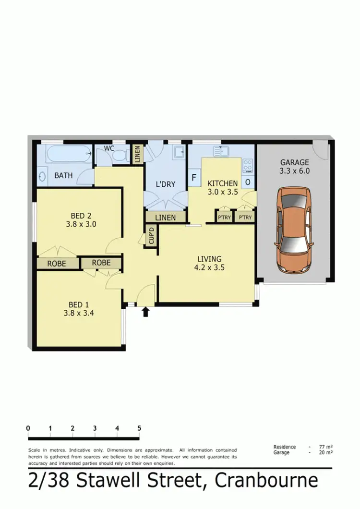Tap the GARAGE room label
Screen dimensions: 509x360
294,162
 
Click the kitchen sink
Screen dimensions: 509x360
222,151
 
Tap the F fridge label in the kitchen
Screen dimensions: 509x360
194,178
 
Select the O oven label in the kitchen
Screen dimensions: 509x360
248,182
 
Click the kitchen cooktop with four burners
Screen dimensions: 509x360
248,166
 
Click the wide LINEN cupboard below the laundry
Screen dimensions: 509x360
165,218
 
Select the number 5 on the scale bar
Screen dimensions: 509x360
139,428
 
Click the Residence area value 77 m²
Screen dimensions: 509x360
326,447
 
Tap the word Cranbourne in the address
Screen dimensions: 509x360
266,481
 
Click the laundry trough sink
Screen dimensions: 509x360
179,152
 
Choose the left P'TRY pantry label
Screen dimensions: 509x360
224,218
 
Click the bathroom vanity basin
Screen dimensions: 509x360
41,176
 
